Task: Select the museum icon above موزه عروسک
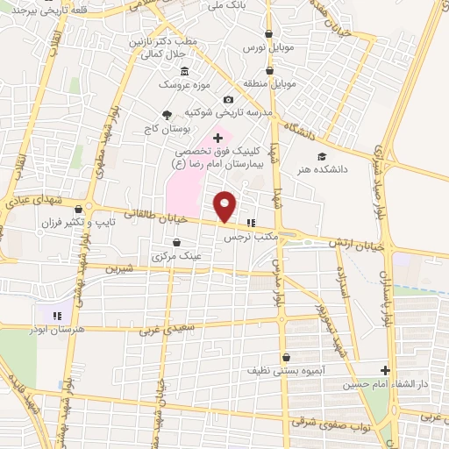183,71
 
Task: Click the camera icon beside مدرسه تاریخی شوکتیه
228,101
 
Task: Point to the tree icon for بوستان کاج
167,115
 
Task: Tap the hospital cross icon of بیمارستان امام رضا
217,139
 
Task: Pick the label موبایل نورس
265,44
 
